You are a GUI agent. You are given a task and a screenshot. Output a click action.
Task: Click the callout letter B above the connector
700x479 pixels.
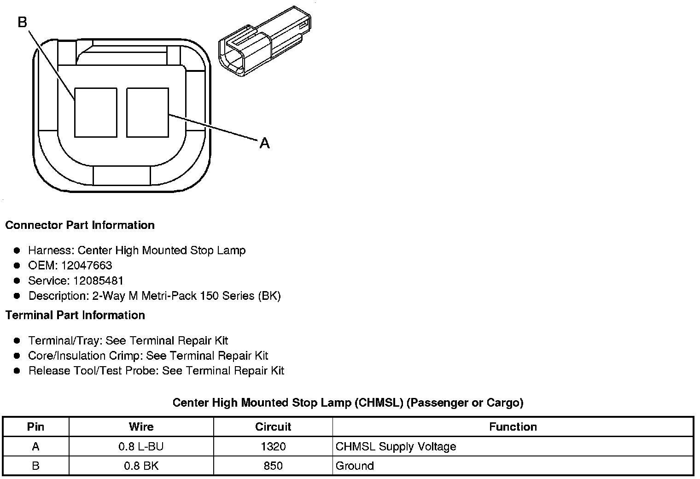(x=23, y=22)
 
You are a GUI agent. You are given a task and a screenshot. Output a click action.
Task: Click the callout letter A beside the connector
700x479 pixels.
(x=265, y=143)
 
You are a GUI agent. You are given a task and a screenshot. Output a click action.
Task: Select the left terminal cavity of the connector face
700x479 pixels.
(x=96, y=112)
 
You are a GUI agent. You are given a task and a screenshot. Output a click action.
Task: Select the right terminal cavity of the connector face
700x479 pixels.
(x=148, y=112)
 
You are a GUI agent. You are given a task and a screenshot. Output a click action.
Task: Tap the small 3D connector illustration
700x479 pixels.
(x=265, y=41)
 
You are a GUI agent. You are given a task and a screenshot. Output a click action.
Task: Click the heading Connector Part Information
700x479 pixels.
(x=80, y=225)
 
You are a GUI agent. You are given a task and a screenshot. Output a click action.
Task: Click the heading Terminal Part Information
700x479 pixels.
(x=76, y=315)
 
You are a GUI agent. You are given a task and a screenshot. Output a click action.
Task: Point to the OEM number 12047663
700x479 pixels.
(x=87, y=266)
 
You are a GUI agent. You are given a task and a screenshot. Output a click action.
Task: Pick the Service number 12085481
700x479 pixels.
(x=98, y=280)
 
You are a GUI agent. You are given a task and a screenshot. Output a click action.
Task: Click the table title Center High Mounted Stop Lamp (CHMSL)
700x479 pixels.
(x=288, y=403)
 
